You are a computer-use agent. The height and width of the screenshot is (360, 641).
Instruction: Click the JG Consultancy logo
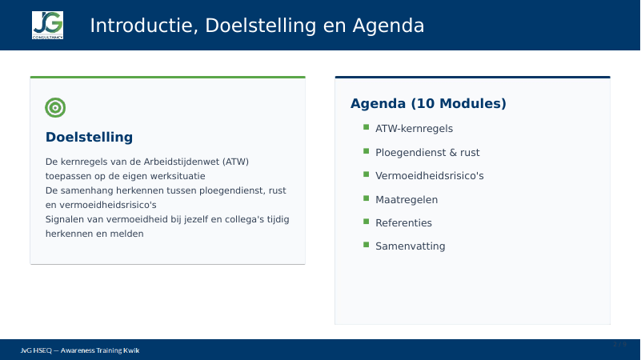pyautogui.click(x=47, y=26)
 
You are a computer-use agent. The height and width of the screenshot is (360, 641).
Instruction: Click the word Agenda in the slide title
pyautogui.click(x=388, y=26)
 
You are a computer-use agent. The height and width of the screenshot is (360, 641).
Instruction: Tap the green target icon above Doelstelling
pyautogui.click(x=55, y=107)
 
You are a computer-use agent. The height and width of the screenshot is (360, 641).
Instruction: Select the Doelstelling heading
pyautogui.click(x=89, y=138)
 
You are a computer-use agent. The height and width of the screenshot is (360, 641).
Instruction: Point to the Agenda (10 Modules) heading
pyautogui.click(x=428, y=103)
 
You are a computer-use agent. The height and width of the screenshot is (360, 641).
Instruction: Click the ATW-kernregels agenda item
pyautogui.click(x=414, y=129)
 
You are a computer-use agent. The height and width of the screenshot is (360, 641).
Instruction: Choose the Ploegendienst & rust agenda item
pyautogui.click(x=427, y=153)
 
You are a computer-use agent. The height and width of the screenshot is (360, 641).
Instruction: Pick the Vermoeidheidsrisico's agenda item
pyautogui.click(x=429, y=176)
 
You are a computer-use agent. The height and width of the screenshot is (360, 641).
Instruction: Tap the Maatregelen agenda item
pyautogui.click(x=407, y=200)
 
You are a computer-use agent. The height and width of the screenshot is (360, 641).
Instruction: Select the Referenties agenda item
pyautogui.click(x=403, y=223)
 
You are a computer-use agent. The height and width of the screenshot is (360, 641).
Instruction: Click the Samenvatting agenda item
pyautogui.click(x=410, y=246)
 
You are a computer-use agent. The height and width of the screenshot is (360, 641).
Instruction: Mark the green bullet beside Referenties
pyautogui.click(x=366, y=222)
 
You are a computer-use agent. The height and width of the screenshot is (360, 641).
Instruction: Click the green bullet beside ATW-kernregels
pyautogui.click(x=366, y=127)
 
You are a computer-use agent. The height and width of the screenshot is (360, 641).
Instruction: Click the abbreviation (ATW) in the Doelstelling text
pyautogui.click(x=235, y=162)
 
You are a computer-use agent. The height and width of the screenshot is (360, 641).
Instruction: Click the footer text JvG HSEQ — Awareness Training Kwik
pyautogui.click(x=80, y=350)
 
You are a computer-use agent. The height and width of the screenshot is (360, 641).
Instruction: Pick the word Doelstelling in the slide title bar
pyautogui.click(x=261, y=26)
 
